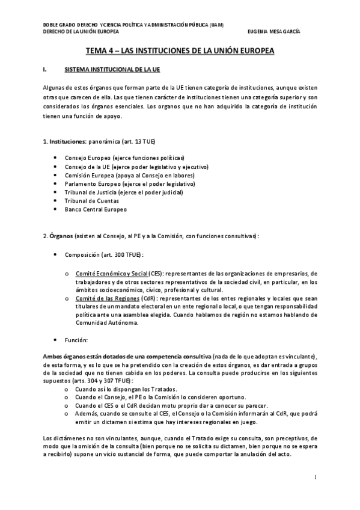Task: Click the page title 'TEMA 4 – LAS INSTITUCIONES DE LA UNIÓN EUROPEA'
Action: (x=180, y=52)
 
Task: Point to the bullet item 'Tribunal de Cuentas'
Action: (x=90, y=201)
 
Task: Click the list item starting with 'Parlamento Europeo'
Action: (x=131, y=183)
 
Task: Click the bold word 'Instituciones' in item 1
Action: (x=67, y=141)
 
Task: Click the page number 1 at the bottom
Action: (x=315, y=478)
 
